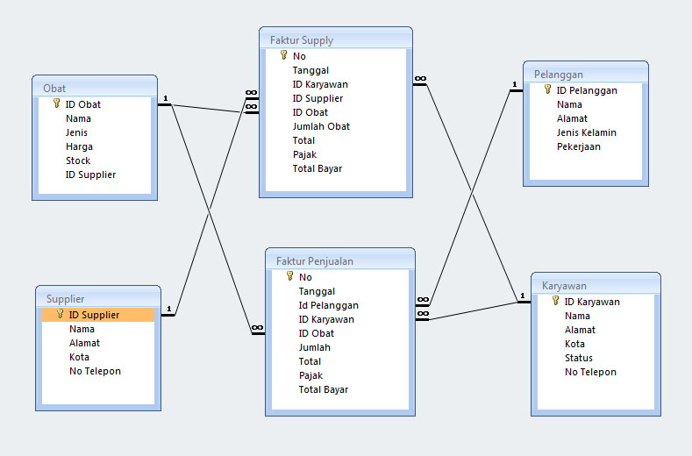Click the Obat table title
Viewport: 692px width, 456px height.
coord(54,89)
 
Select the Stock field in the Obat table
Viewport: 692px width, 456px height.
coord(78,160)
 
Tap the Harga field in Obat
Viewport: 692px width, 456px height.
coord(79,146)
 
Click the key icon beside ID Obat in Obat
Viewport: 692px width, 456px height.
coord(57,103)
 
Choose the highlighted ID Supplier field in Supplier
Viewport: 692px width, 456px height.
coord(94,315)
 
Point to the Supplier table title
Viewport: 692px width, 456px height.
coord(66,299)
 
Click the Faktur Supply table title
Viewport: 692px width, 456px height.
coord(301,40)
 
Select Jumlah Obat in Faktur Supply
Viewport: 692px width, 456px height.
coord(321,126)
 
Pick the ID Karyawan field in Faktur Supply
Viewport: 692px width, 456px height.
coord(320,84)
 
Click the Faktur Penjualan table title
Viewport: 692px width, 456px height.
coord(314,261)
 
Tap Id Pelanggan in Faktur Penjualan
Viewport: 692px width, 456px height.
coord(328,305)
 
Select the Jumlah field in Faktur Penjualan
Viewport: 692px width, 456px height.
coord(314,347)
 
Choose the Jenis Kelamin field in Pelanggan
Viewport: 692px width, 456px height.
coord(586,132)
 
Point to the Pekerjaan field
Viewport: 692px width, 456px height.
coord(578,146)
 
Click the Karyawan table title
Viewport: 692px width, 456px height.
coord(564,286)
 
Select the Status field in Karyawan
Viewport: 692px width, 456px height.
coord(578,358)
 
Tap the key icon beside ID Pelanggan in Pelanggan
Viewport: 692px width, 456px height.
coord(548,89)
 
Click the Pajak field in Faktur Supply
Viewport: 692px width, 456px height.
coord(304,154)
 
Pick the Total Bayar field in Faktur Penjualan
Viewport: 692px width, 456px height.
coord(323,389)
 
